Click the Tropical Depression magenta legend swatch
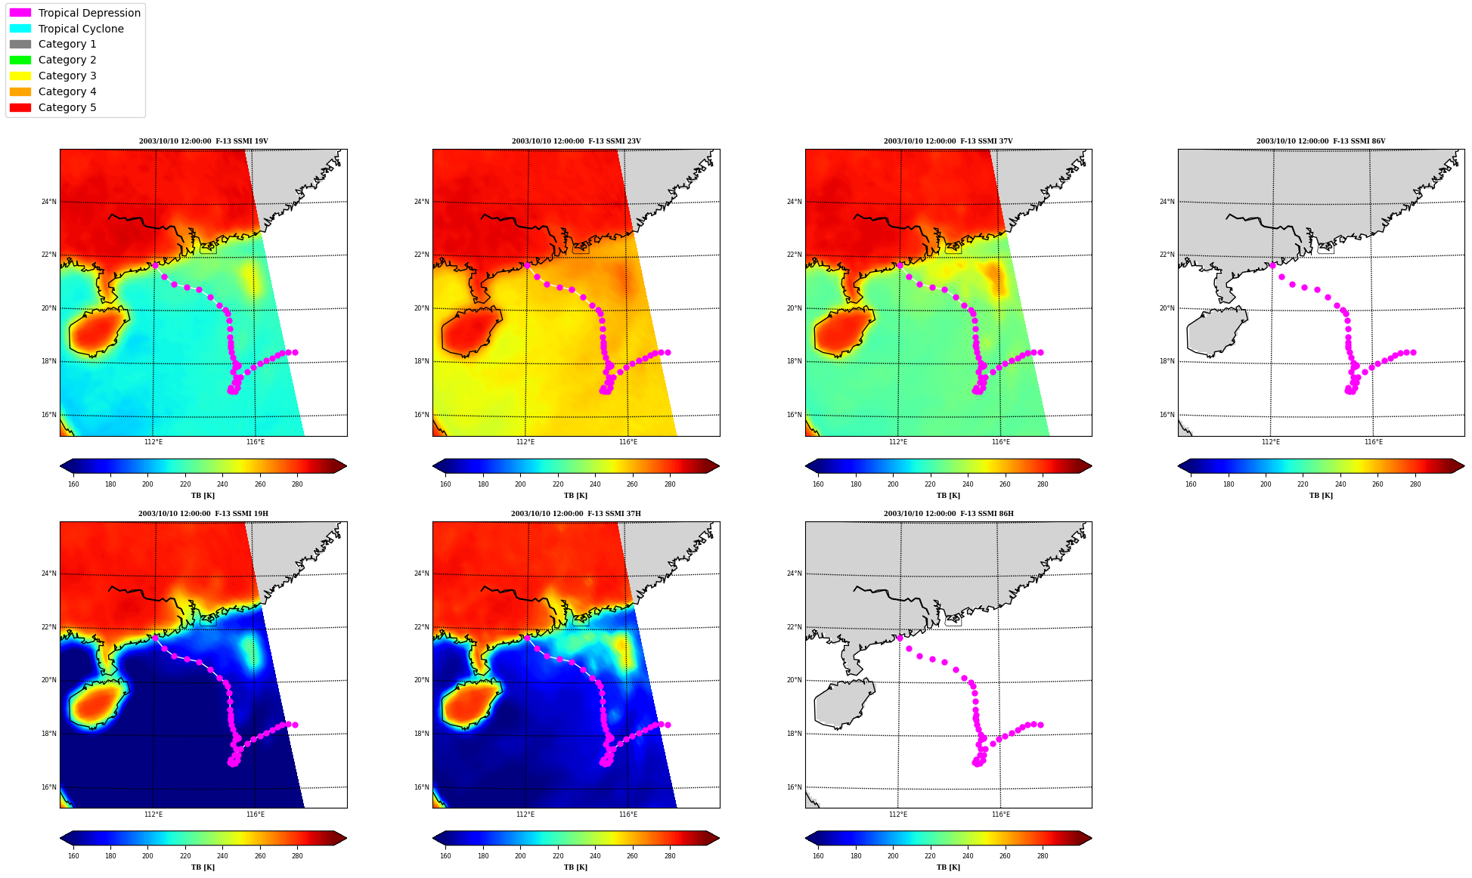(x=20, y=13)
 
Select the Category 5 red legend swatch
(x=20, y=107)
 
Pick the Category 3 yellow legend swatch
(x=20, y=76)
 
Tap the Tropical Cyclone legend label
(x=81, y=29)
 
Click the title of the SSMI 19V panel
(x=203, y=141)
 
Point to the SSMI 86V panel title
(x=1321, y=141)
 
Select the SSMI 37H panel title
(x=575, y=514)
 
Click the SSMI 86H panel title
(x=948, y=514)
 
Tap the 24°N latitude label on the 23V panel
(x=421, y=202)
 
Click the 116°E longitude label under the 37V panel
(x=1000, y=442)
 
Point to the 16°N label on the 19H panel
(x=48, y=787)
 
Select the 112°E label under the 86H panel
(x=897, y=815)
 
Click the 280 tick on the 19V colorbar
(x=297, y=484)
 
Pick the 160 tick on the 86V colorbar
(x=1191, y=484)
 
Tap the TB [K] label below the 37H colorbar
(x=575, y=867)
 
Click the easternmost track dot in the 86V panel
(x=1413, y=353)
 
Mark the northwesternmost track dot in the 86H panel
(x=900, y=638)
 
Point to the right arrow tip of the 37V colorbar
(x=1091, y=466)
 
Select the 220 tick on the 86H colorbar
(x=930, y=856)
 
